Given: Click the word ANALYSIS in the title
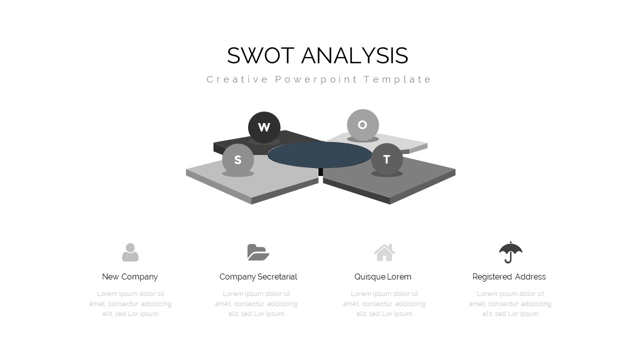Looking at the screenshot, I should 355,55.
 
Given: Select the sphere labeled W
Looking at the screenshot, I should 264,127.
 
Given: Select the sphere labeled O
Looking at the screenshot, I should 363,125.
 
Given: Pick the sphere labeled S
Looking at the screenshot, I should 238,160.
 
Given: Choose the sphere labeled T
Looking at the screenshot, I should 387,159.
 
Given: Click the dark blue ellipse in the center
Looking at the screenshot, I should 320,154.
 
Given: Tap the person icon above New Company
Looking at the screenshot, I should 130,252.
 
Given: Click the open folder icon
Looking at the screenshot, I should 258,252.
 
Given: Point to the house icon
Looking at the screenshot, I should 384,252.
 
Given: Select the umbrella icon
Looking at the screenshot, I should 510,252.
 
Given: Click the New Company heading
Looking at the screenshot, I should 130,277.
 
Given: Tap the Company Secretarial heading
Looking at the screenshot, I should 258,277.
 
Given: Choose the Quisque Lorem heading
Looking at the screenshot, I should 383,277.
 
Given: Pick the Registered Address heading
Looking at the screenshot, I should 509,277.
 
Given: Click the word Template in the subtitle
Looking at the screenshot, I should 397,79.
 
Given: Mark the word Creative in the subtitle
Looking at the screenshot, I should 237,79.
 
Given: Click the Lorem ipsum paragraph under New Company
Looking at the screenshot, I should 130,304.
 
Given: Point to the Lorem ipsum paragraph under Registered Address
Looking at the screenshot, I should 510,304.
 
